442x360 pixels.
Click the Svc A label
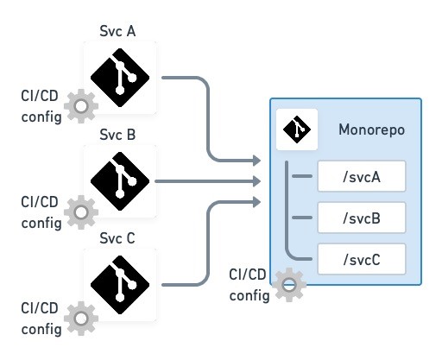point(117,31)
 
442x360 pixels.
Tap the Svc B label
point(117,135)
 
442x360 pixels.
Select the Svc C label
point(117,238)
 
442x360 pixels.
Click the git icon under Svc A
point(120,78)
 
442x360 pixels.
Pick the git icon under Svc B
point(120,181)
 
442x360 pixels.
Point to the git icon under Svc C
point(120,285)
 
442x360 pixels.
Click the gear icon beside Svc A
point(81,106)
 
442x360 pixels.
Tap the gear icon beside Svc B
point(81,212)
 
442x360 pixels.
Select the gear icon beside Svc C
point(81,319)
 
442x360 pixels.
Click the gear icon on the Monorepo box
point(289,285)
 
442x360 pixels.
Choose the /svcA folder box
point(362,176)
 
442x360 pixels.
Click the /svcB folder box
point(362,218)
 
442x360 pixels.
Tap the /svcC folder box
point(362,259)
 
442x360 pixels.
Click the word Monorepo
point(371,129)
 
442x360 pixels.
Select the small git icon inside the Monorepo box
point(297,129)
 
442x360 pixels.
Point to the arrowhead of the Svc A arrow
point(257,161)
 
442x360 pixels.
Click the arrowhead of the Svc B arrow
point(257,181)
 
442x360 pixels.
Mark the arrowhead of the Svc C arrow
point(257,202)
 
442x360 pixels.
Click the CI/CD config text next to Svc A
point(41,106)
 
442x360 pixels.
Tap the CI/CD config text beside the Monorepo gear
point(249,285)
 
